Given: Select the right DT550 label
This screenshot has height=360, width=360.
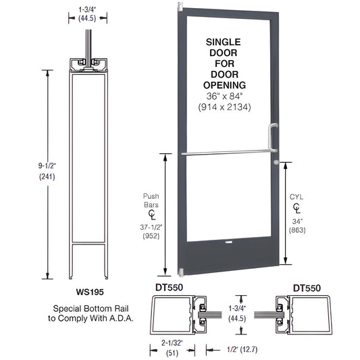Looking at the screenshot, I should (x=307, y=287).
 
